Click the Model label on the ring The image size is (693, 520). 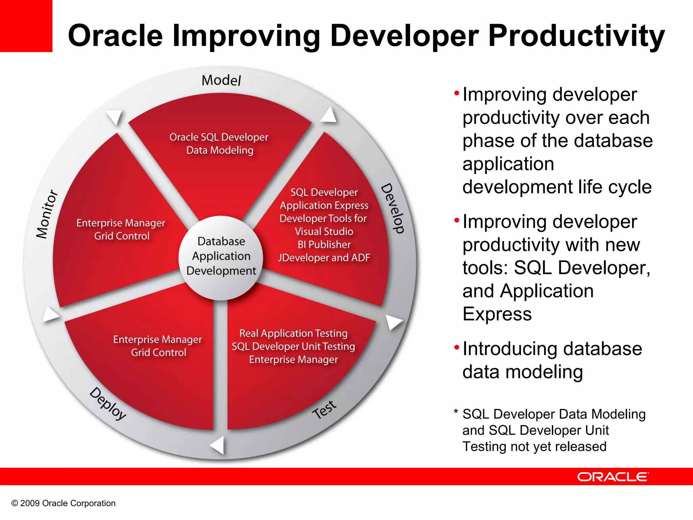[221, 80]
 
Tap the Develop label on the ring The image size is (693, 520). [393, 208]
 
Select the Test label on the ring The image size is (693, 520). [324, 409]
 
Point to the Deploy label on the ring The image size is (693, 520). [108, 404]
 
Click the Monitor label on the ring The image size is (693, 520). [47, 214]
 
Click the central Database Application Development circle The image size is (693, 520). [221, 258]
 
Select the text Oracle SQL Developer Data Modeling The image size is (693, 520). [219, 144]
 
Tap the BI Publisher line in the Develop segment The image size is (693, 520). [324, 244]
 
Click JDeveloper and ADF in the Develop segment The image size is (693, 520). [324, 258]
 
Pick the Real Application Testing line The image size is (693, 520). [293, 333]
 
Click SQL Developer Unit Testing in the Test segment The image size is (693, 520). [293, 346]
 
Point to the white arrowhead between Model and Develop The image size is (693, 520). [329, 115]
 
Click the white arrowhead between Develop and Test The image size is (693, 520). [394, 322]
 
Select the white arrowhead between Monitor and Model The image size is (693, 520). [114, 117]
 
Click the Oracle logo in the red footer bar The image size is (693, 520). [613, 477]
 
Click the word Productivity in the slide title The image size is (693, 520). [577, 36]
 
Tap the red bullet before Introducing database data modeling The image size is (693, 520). [457, 347]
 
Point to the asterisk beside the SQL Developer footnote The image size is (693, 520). [456, 412]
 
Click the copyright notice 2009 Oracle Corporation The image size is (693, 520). [63, 503]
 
